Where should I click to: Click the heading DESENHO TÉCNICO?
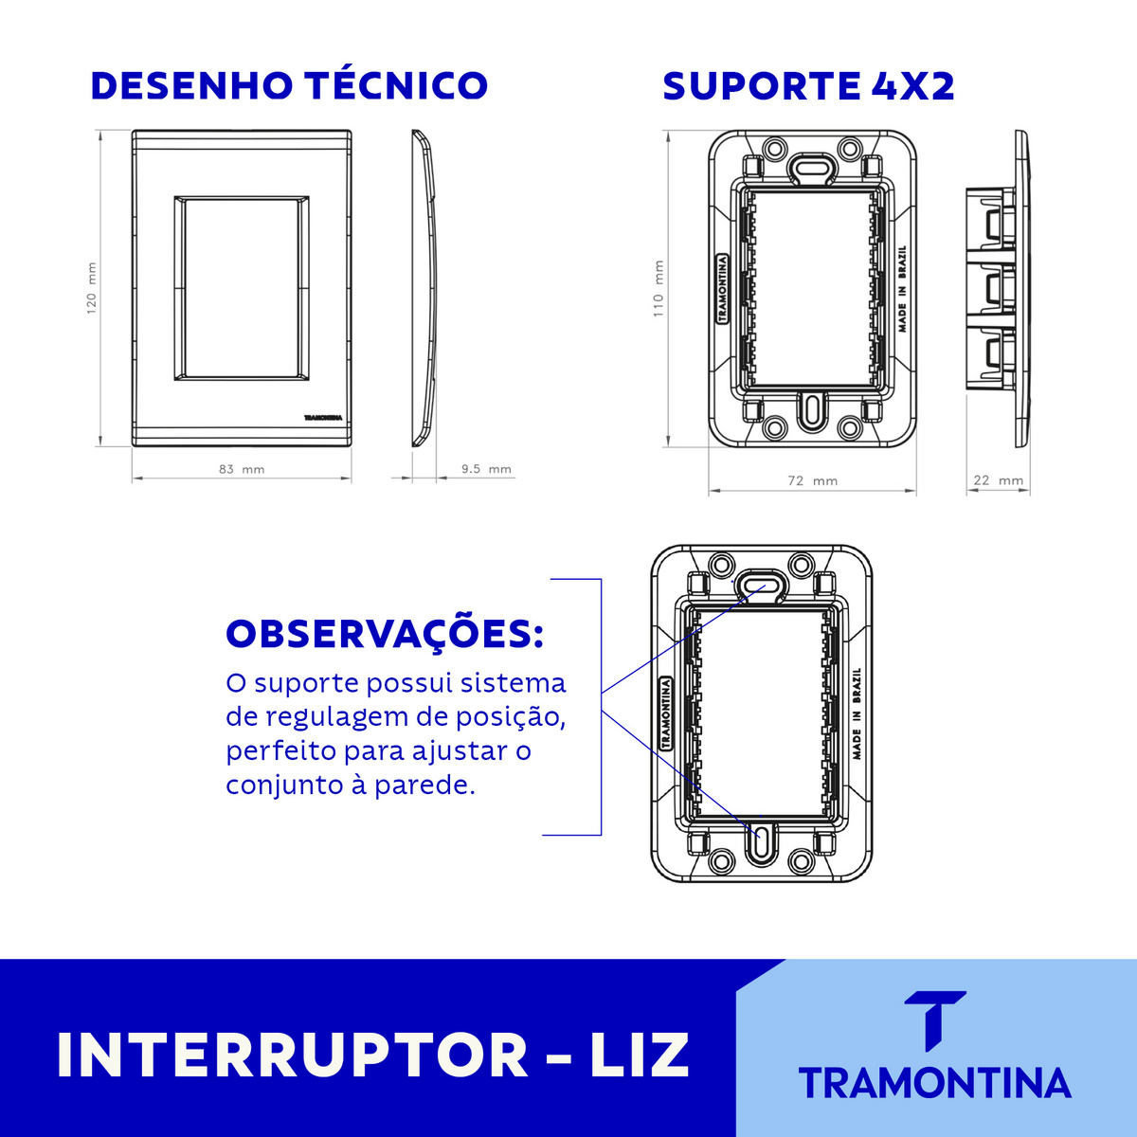(x=289, y=85)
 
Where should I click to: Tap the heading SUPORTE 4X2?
(x=808, y=86)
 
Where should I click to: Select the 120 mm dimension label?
(x=92, y=289)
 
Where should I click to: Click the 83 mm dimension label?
(x=241, y=469)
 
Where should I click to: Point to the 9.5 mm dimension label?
(x=485, y=469)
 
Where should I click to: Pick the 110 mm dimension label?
(x=659, y=289)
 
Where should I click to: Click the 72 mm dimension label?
(x=812, y=481)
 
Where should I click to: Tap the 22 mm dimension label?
(x=999, y=480)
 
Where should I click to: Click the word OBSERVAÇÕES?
(x=385, y=634)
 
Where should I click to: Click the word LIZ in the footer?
(x=640, y=1055)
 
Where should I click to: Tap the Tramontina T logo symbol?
(x=935, y=1020)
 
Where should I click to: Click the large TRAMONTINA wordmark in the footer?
(x=934, y=1083)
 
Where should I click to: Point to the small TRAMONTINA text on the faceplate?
(x=322, y=417)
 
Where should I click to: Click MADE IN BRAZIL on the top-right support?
(x=902, y=288)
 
